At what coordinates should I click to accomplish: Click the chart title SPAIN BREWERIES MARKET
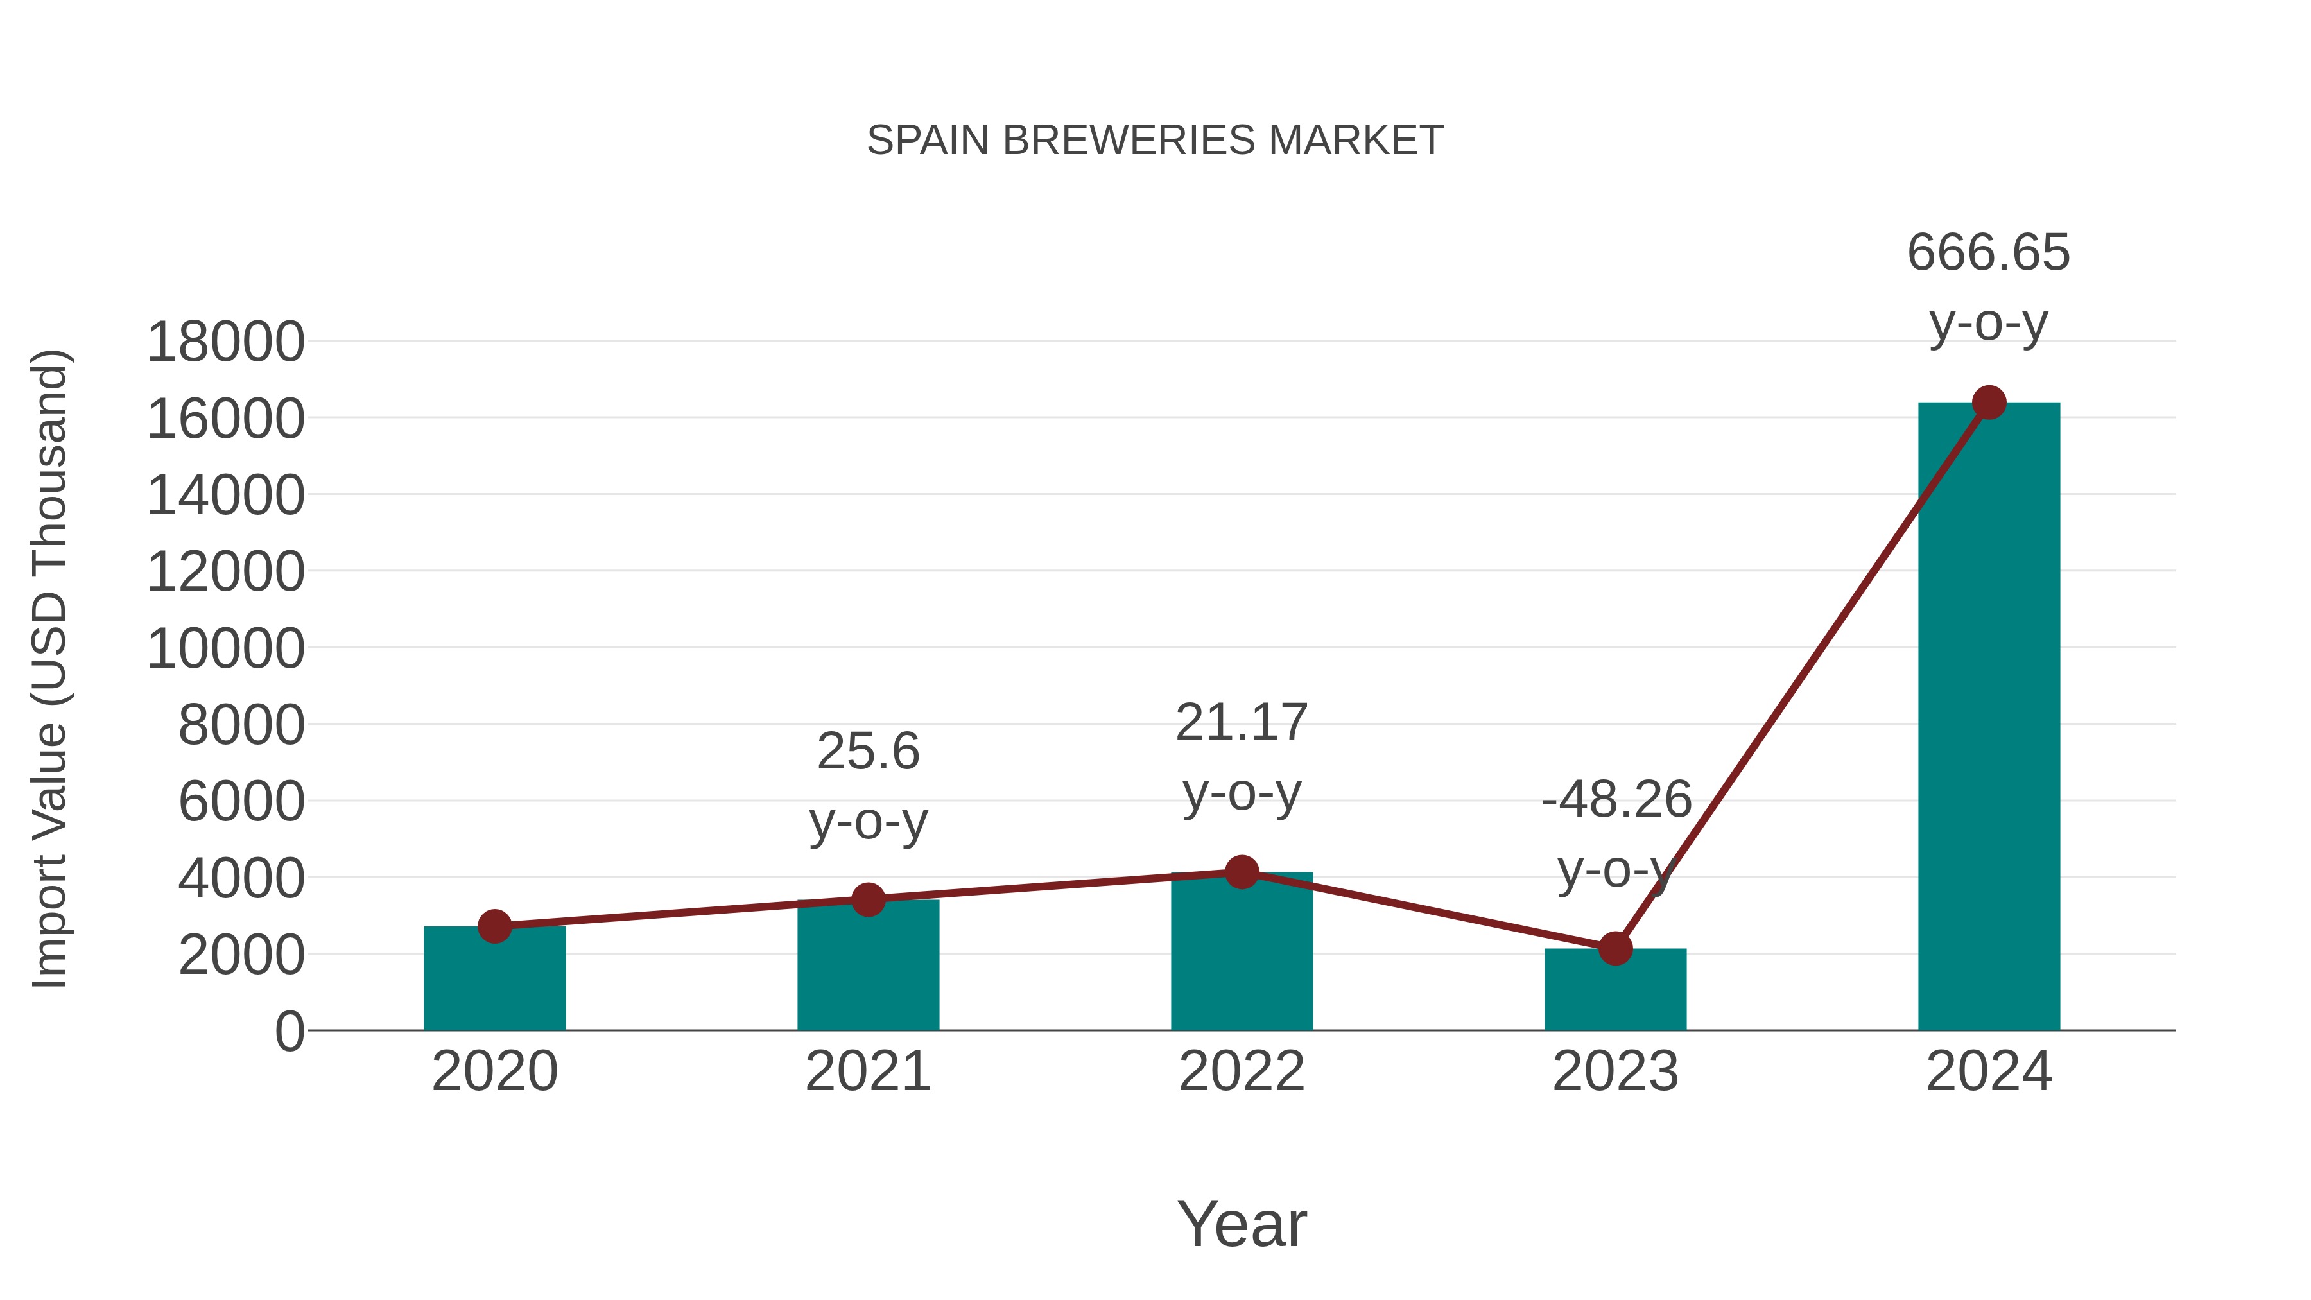click(1155, 141)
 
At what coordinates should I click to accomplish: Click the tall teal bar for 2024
click(1988, 718)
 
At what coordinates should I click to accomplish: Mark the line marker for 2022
click(1242, 871)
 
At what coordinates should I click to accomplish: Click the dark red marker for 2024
click(1989, 403)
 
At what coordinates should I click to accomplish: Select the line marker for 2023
click(1615, 948)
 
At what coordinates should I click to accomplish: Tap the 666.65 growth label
click(1988, 252)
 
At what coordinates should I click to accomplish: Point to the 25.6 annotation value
click(867, 751)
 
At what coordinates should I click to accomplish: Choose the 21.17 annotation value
click(1242, 722)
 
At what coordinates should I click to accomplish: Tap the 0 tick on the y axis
click(289, 1032)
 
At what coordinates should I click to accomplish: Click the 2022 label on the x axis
click(1242, 1071)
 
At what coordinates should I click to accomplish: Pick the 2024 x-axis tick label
click(1988, 1071)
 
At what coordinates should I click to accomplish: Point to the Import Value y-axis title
click(50, 668)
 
